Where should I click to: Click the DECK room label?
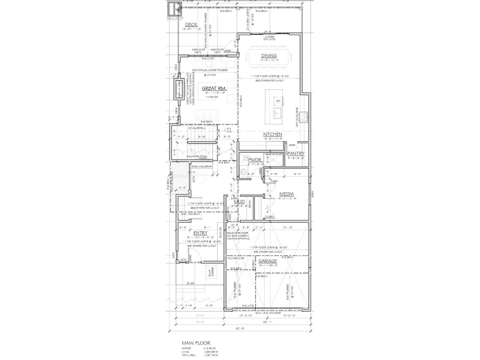[x=191, y=25]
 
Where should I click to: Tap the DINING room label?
[x=269, y=55]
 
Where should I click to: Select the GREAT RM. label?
[x=214, y=88]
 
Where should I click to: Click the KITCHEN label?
[x=272, y=134]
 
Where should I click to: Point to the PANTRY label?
[x=296, y=154]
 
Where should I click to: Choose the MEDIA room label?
[x=286, y=194]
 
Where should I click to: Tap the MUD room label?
[x=239, y=202]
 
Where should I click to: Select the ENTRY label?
[x=200, y=233]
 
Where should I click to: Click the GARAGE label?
[x=268, y=261]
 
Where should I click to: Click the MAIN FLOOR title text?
[x=196, y=343]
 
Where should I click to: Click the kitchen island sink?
[x=278, y=113]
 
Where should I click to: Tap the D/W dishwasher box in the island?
[x=278, y=101]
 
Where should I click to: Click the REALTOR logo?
[x=175, y=10]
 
